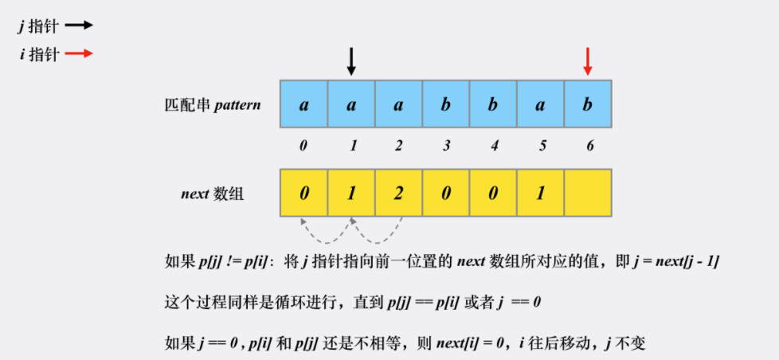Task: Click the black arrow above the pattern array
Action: (x=350, y=61)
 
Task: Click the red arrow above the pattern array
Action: (x=588, y=61)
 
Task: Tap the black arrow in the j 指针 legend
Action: (x=79, y=25)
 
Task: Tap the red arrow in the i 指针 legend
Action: (x=79, y=54)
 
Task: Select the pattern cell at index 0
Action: (x=303, y=104)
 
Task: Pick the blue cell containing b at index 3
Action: (x=445, y=104)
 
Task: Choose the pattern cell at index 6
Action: (x=588, y=104)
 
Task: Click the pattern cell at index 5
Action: (x=540, y=104)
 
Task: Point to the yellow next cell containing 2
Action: (x=398, y=193)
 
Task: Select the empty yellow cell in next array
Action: (x=588, y=193)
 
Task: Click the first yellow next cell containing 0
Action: (x=303, y=193)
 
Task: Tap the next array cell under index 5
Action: (x=540, y=193)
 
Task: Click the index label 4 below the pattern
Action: (x=493, y=146)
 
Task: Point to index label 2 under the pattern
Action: (x=398, y=146)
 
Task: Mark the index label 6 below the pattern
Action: (x=588, y=146)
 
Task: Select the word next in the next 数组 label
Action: (x=196, y=194)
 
